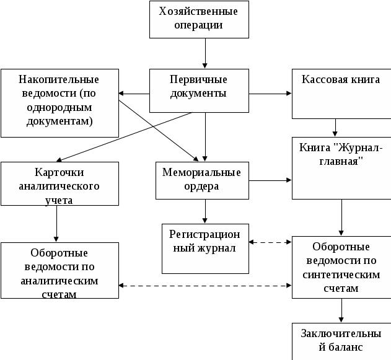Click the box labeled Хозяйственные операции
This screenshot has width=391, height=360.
coord(199,19)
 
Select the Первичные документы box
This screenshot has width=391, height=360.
coord(199,90)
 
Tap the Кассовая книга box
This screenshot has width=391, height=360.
coord(341,94)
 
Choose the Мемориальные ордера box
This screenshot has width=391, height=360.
coord(202,180)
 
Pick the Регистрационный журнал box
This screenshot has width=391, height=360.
coord(205,248)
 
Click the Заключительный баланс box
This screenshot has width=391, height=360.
coord(341,341)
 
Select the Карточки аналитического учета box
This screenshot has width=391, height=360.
coord(60,184)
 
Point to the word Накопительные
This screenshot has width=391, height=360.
coord(59,79)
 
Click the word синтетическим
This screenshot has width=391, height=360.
coord(341,274)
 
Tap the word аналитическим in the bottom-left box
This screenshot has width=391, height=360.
coord(59,281)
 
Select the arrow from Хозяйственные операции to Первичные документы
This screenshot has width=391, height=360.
coord(205,53)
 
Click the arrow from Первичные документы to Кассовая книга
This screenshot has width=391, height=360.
coord(270,94)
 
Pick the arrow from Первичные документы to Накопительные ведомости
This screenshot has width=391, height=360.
coord(134,94)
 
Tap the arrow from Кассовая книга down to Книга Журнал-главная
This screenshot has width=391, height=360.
coord(335,128)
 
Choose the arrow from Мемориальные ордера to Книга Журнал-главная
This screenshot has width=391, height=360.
coord(270,180)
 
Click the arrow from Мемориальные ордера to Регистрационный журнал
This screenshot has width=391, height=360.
coord(205,211)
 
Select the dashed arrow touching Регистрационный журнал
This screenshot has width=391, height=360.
coord(270,242)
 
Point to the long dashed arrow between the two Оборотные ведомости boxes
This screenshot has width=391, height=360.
coord(205,286)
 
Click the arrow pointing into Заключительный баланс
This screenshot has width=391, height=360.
coord(341,310)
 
